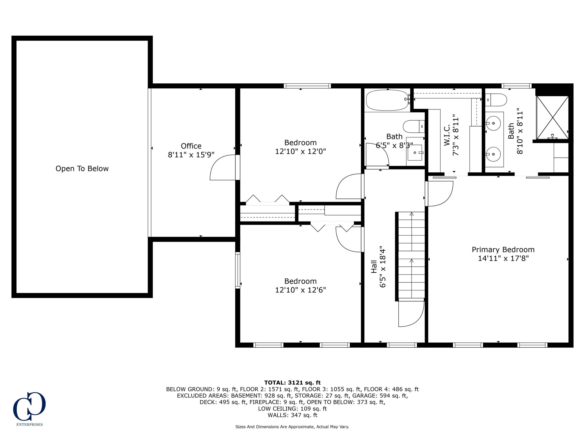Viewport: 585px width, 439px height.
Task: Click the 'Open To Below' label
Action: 82,169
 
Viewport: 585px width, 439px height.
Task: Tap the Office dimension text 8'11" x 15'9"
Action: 191,155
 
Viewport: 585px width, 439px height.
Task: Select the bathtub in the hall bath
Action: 387,100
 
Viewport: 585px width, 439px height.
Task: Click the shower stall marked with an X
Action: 552,117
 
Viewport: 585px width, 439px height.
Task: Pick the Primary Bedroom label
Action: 503,250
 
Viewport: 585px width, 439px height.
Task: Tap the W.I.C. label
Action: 447,135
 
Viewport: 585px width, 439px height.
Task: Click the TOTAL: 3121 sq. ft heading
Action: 292,382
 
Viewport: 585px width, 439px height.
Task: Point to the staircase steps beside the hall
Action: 411,255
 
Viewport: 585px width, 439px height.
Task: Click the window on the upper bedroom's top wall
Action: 307,86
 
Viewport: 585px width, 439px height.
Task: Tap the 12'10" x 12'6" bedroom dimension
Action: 300,290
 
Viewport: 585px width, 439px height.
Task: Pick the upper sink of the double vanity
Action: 494,123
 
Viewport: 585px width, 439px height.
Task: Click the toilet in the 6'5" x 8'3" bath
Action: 414,126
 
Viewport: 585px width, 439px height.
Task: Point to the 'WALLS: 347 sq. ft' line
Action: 292,415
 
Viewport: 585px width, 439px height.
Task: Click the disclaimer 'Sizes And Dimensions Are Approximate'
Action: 292,427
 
